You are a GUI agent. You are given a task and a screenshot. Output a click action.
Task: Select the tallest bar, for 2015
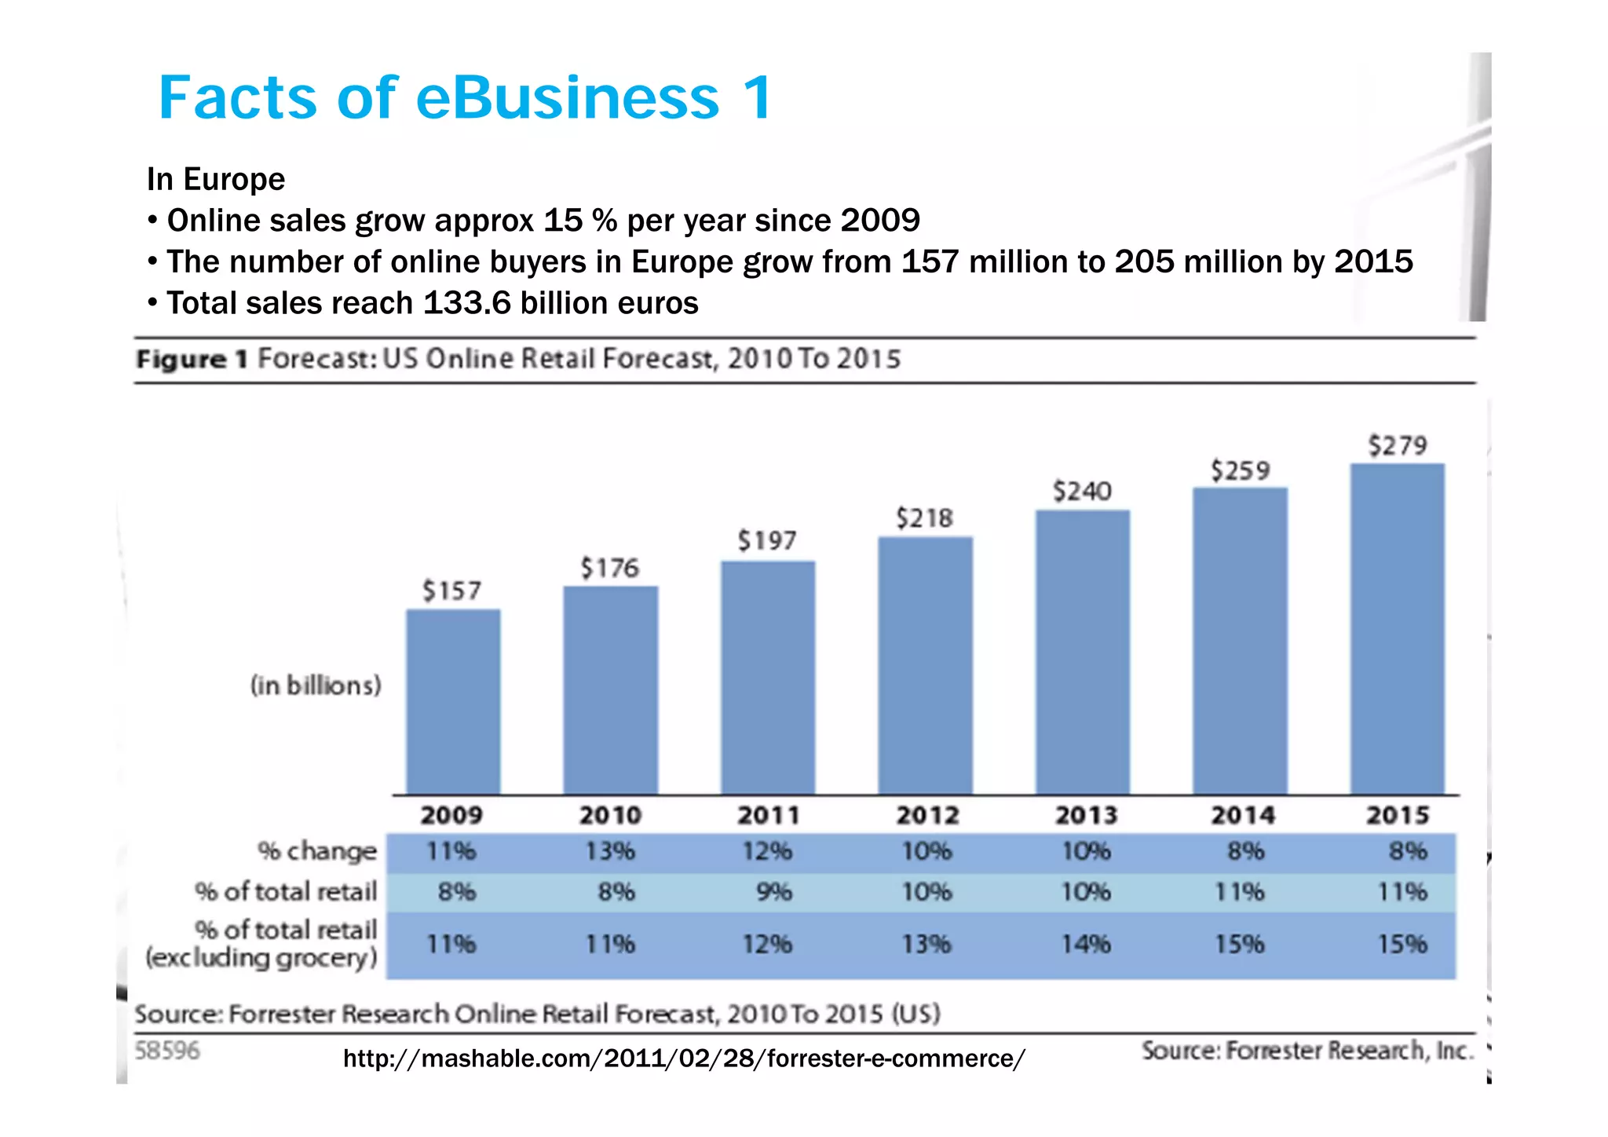tap(1397, 628)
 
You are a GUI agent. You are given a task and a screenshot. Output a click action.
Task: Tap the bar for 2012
tap(925, 665)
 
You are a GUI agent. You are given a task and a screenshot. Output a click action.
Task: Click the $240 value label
tap(1082, 492)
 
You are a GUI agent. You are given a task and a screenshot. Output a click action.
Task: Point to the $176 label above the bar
tap(609, 568)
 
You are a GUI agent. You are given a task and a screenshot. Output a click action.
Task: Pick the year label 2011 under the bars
tap(768, 815)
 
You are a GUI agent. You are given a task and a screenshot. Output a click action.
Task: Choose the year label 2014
tap(1242, 815)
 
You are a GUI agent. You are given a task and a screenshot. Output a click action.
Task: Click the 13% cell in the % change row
tap(610, 851)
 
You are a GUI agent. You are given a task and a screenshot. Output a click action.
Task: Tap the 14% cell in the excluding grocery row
tap(1086, 943)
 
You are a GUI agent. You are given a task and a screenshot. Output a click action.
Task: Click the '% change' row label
tap(317, 851)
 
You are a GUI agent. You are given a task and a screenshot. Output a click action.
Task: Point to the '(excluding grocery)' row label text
tap(261, 958)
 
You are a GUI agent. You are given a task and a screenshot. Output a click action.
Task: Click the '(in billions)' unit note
tap(316, 685)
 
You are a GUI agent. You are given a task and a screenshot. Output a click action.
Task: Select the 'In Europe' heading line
tap(216, 179)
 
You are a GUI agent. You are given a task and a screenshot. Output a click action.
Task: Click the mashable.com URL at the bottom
tap(684, 1058)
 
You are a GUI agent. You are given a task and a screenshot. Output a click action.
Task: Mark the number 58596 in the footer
tap(167, 1051)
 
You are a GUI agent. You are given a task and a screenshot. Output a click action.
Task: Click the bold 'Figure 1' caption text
tap(192, 360)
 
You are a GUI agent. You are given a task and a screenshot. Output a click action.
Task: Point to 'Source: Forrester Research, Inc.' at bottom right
tap(1307, 1051)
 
